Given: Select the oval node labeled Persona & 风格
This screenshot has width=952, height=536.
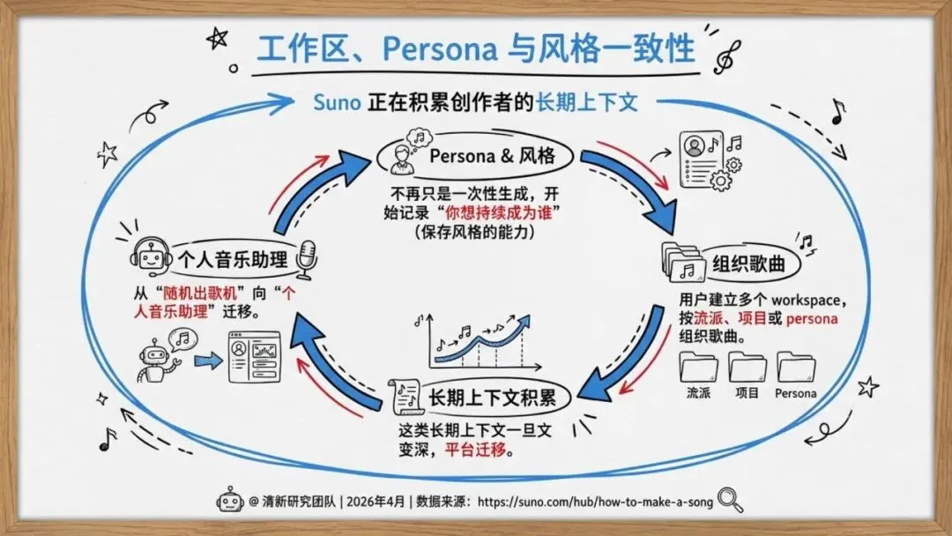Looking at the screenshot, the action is (476, 156).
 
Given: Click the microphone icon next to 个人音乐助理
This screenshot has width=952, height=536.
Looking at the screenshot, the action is (307, 257).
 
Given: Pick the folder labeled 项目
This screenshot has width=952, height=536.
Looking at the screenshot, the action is (747, 367).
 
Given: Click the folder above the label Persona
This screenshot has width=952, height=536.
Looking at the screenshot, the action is (795, 367).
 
